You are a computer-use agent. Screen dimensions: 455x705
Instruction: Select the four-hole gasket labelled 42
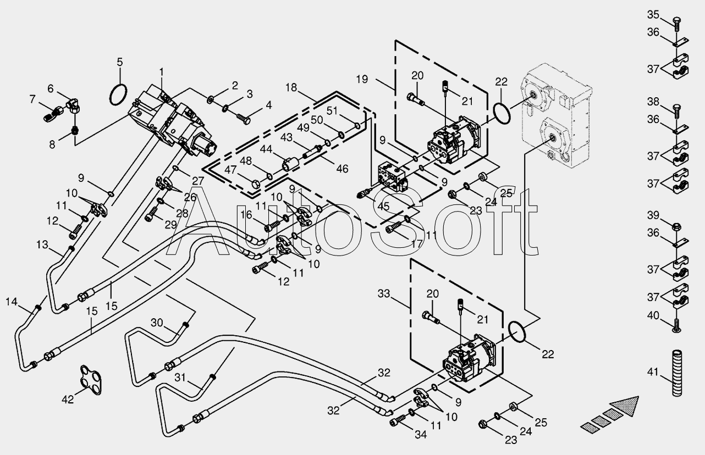(91, 379)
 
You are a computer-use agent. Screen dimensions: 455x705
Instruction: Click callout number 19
(361, 79)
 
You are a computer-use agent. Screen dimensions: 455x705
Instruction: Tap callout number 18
(291, 87)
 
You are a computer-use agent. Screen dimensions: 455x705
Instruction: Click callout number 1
(162, 71)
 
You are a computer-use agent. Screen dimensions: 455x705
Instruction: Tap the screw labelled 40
(676, 328)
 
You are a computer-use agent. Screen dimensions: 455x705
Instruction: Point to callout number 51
(332, 110)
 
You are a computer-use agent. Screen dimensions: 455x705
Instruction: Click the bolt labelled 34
(396, 422)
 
